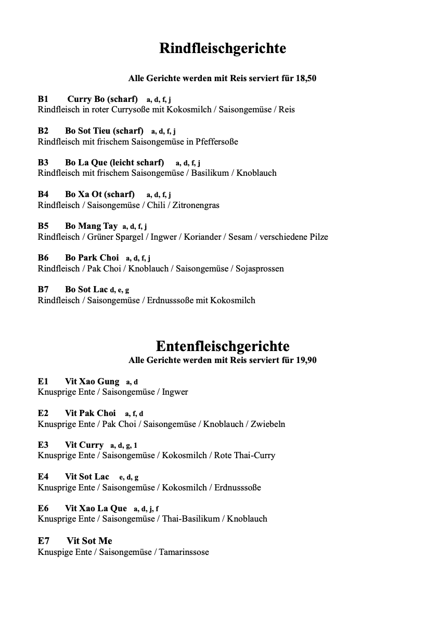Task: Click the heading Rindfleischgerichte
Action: [222, 48]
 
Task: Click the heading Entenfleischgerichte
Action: [222, 346]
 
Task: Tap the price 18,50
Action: [306, 79]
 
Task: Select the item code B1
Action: [43, 99]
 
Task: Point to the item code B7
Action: [43, 289]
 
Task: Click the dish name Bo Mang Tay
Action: [91, 226]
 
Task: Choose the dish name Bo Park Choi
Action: [92, 257]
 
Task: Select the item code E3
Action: [43, 445]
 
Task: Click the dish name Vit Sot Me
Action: [89, 541]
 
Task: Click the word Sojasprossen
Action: [260, 268]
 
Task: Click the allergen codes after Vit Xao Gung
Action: [132, 382]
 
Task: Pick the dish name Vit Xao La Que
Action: [96, 508]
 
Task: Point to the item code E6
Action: [43, 508]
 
